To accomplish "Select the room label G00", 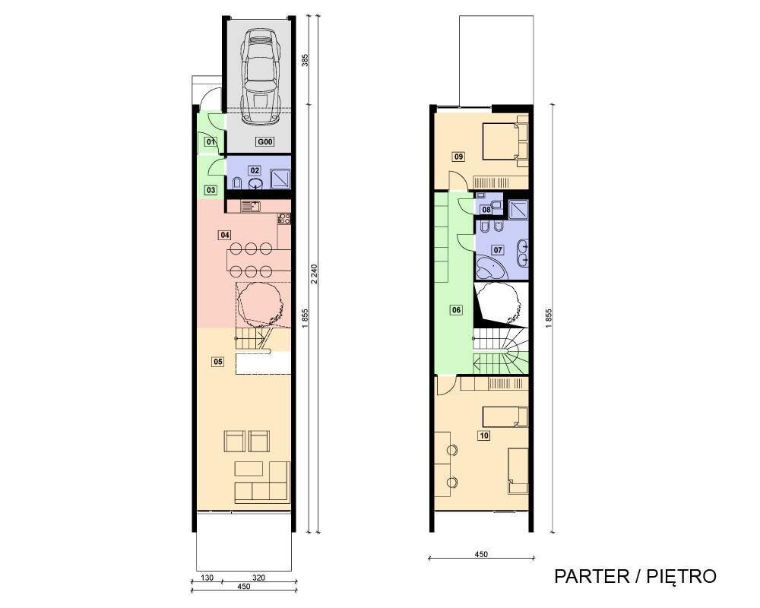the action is click(265, 142).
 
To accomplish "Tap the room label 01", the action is click(211, 142).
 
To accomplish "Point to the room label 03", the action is click(211, 190).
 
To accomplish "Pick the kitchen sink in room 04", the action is click(251, 207).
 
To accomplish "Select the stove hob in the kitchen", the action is click(284, 219).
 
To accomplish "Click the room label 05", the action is click(218, 361).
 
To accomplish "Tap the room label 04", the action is click(224, 235).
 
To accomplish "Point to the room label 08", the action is click(486, 210).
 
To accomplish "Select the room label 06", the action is click(456, 310).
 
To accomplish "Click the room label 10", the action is click(483, 435).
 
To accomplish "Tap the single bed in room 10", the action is click(505, 417).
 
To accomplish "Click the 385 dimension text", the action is click(306, 59).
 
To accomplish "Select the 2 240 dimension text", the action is click(314, 274).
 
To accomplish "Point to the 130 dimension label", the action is click(207, 578).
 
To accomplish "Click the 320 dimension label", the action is click(259, 578).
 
